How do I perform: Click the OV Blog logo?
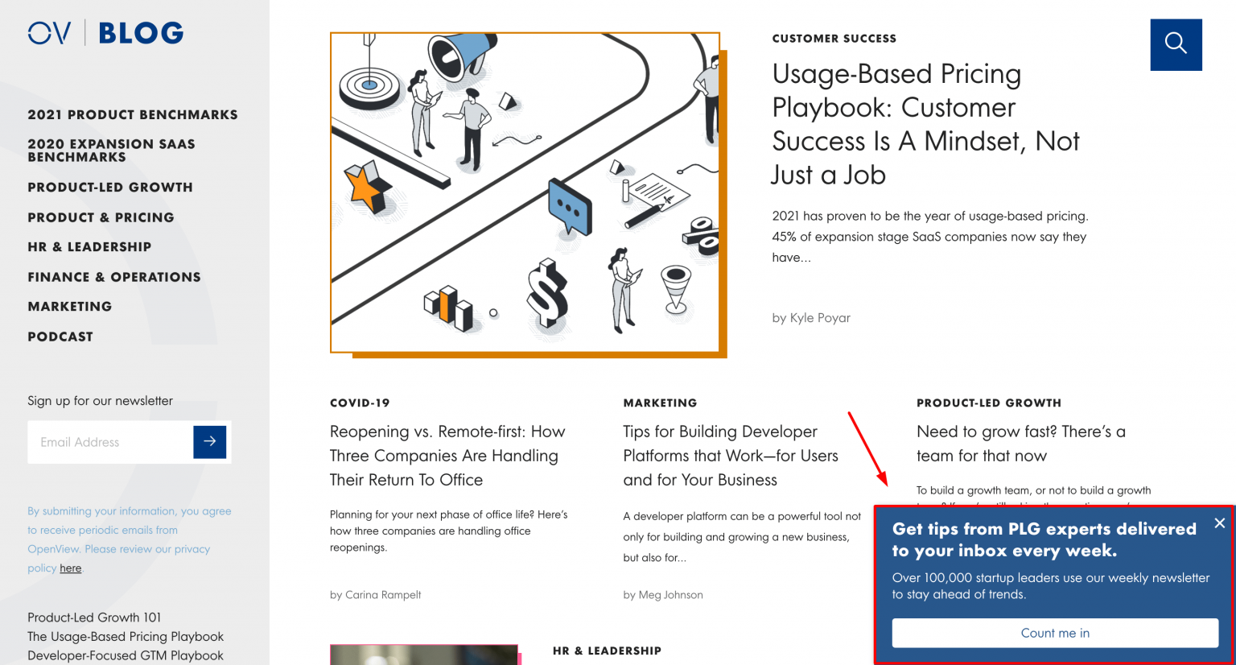pos(105,33)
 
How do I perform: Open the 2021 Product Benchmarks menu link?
pos(133,114)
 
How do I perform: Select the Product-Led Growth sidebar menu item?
pos(110,187)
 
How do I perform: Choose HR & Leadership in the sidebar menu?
pos(89,246)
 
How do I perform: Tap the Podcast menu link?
pos(60,337)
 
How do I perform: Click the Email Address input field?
pos(110,442)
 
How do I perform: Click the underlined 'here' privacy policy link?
pos(71,568)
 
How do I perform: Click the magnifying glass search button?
pos(1176,44)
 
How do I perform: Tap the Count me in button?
pos(1054,633)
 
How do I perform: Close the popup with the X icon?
pos(1219,523)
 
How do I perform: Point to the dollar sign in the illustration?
pos(547,294)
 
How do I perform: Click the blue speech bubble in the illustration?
pos(570,206)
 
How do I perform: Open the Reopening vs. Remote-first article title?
pos(447,456)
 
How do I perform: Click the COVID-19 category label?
pos(360,403)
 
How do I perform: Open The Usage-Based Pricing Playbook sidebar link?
pos(126,636)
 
